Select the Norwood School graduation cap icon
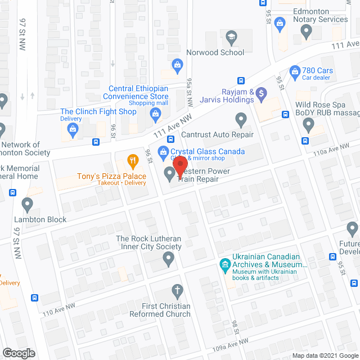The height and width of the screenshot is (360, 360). pyautogui.click(x=231, y=38)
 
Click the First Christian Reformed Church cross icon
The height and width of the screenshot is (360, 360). pyautogui.click(x=177, y=291)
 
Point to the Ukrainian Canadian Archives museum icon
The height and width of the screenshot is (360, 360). pyautogui.click(x=224, y=264)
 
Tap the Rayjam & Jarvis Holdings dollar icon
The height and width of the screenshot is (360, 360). pyautogui.click(x=260, y=93)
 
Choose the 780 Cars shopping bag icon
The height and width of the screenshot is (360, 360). pyautogui.click(x=294, y=72)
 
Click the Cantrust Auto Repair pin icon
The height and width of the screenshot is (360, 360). pyautogui.click(x=241, y=119)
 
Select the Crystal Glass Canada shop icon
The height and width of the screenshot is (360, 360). pyautogui.click(x=163, y=151)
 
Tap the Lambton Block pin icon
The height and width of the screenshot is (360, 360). pyautogui.click(x=26, y=204)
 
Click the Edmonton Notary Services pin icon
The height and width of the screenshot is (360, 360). pyautogui.click(x=306, y=32)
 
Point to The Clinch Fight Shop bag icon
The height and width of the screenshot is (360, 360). pyautogui.click(x=72, y=130)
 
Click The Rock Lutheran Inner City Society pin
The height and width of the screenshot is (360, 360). pyautogui.click(x=168, y=259)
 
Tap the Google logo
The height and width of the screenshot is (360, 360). pyautogui.click(x=18, y=353)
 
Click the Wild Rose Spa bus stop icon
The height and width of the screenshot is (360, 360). pyautogui.click(x=306, y=141)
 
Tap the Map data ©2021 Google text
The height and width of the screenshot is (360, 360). pyautogui.click(x=325, y=355)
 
